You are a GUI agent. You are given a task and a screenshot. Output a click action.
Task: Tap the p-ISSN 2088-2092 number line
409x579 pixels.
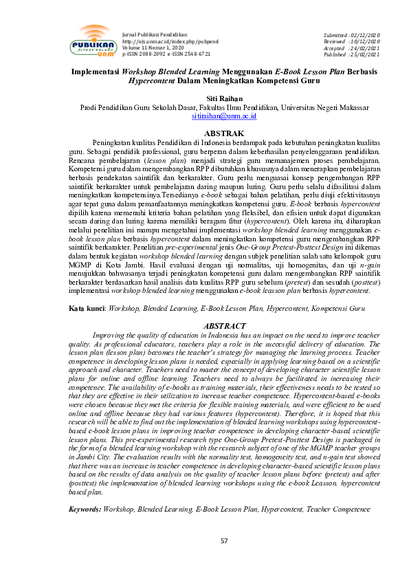pos(145,54)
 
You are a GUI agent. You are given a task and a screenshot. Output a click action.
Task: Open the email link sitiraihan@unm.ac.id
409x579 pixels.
pos(204,117)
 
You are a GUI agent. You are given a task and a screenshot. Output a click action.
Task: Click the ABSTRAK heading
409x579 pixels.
pos(205,132)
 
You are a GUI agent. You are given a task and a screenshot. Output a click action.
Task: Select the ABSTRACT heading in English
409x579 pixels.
pos(205,325)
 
